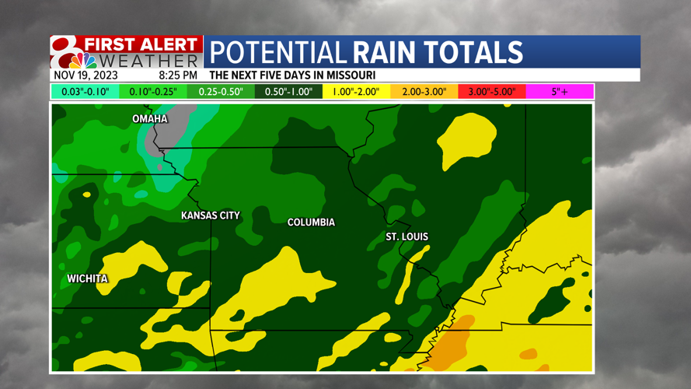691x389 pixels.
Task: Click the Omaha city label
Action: pos(150,119)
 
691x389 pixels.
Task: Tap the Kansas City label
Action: pos(211,216)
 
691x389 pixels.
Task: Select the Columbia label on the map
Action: pos(311,223)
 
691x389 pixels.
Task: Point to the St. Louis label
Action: pos(407,237)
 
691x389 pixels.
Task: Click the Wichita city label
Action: pos(87,279)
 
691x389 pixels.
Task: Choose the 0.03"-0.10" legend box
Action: pos(86,92)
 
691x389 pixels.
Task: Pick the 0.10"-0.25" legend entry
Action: pos(153,92)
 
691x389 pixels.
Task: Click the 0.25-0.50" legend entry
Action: pos(221,92)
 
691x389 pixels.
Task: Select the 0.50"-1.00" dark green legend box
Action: pos(288,92)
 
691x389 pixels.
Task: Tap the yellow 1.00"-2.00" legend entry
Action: pos(356,92)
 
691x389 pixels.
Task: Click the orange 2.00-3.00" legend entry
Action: pos(424,92)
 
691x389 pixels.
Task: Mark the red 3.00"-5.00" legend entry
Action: pos(492,92)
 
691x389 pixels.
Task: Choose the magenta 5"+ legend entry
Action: pos(560,92)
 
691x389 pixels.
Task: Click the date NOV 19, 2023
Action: pos(86,75)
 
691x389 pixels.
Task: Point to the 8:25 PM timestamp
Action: pos(178,75)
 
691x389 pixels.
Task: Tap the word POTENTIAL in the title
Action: pos(278,52)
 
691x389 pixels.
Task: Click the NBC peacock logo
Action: pos(82,61)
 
